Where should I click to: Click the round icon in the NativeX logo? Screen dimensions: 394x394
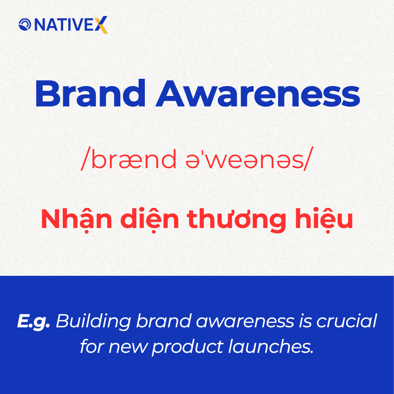pos(25,25)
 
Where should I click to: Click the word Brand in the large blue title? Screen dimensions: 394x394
pos(90,94)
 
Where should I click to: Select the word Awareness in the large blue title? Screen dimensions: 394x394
pos(258,94)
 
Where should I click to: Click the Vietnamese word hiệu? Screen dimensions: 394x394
pos(327,220)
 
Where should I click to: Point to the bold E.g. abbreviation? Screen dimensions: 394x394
pos(33,321)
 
